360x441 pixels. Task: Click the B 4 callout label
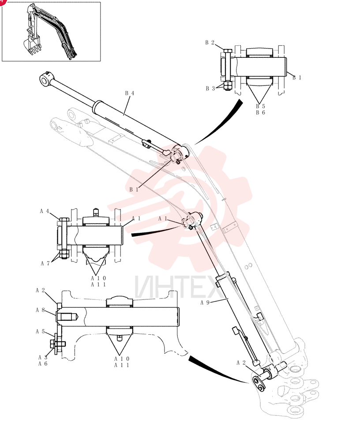[x=129, y=93]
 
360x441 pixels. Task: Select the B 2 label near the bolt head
[x=210, y=42]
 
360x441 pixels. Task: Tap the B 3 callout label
[x=210, y=88]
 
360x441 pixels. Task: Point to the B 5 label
[x=260, y=106]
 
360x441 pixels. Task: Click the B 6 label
[x=260, y=112]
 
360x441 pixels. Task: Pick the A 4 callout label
[x=45, y=211]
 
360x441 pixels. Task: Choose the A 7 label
[x=45, y=263]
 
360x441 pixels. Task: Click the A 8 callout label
[x=40, y=310]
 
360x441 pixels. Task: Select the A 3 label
[x=43, y=357]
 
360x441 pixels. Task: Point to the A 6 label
[x=43, y=364]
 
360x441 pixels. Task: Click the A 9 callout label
[x=205, y=303]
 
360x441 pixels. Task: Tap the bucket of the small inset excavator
[x=31, y=46]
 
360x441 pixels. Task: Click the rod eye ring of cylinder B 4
[x=45, y=79]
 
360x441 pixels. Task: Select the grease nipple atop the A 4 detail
[x=96, y=212]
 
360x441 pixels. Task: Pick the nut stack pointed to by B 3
[x=228, y=85]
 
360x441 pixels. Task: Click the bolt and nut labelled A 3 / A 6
[x=58, y=344]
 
